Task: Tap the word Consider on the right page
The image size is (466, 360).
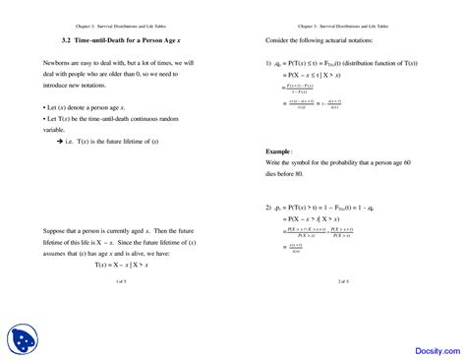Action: pyautogui.click(x=282, y=39)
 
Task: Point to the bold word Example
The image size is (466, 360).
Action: pyautogui.click(x=280, y=150)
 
